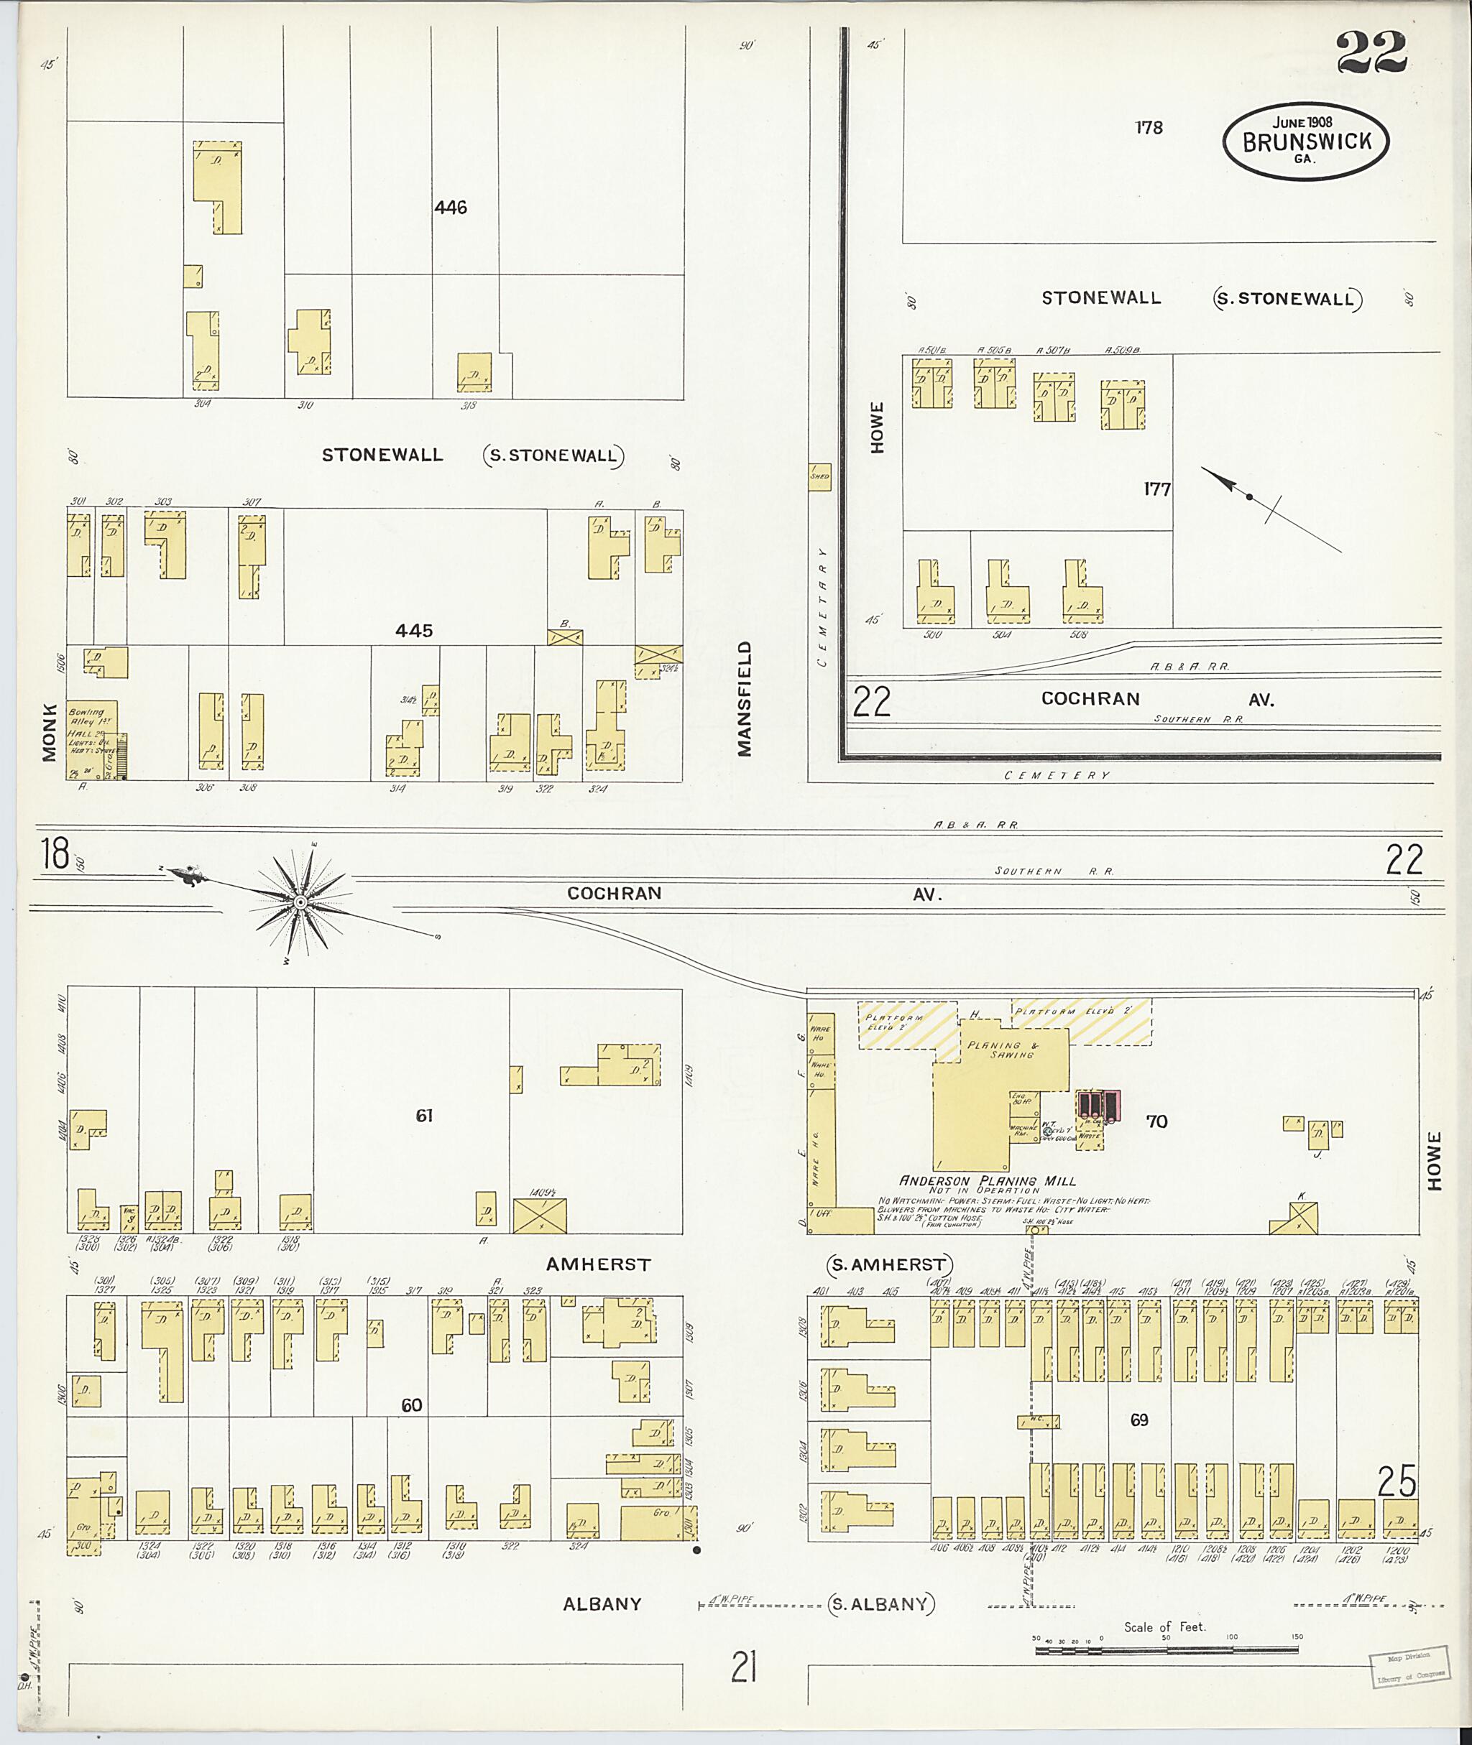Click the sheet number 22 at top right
(1371, 53)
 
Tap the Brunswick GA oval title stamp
(1306, 141)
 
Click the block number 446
(450, 208)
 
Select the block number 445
(414, 631)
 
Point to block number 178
(1149, 128)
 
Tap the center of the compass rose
(299, 902)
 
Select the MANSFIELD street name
(745, 698)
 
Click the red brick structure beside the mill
(1098, 1104)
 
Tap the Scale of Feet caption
(1164, 1626)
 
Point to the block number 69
(1139, 1420)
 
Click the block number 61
(424, 1115)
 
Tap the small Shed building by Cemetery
(819, 476)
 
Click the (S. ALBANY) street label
(881, 1603)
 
